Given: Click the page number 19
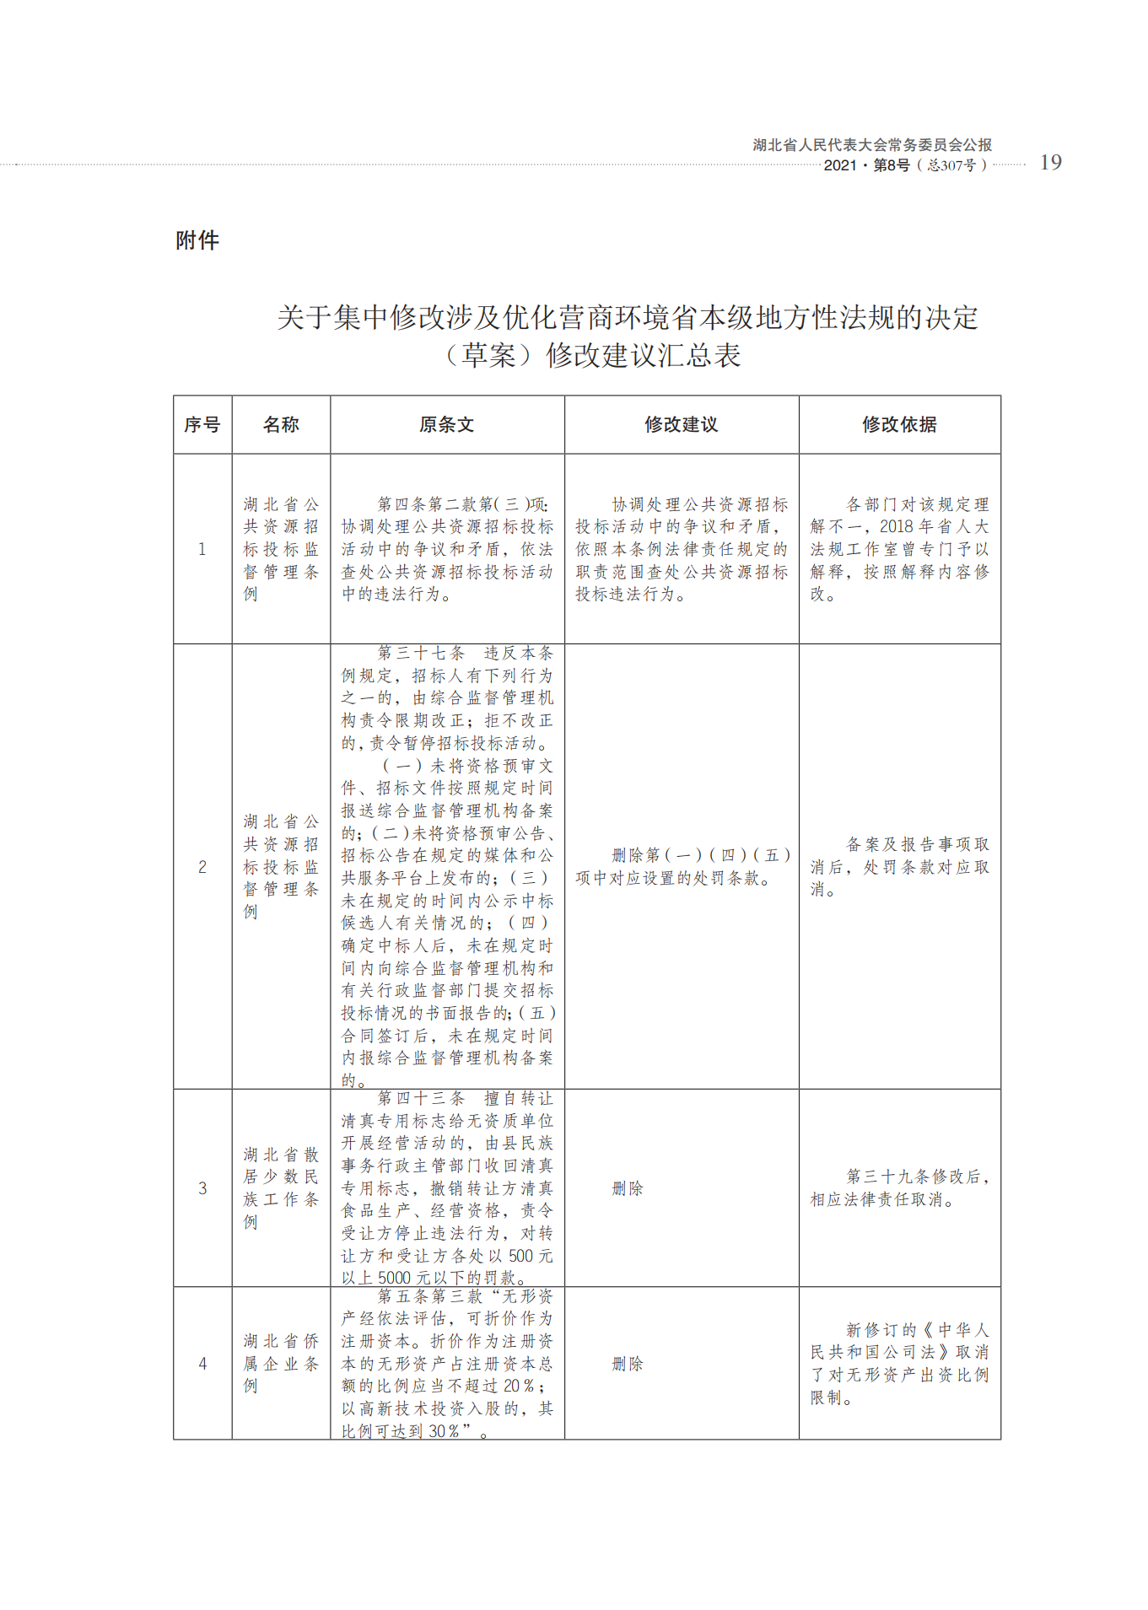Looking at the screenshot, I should (x=1050, y=163).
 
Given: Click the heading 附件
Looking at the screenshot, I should (x=197, y=240).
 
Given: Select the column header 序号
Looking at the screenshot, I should (x=202, y=425).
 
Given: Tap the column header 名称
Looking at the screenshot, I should (x=281, y=425).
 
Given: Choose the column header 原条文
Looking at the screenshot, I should (x=447, y=425).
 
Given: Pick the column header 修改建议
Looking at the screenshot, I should (x=681, y=425).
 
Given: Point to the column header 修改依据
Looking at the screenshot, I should (x=899, y=425).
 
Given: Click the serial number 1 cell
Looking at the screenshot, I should (x=202, y=549).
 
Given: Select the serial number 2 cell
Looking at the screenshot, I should (x=202, y=867).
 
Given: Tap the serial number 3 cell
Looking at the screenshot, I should (x=202, y=1188).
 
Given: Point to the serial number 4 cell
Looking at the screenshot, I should (x=202, y=1364).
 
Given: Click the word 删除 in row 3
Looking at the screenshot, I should (x=628, y=1188).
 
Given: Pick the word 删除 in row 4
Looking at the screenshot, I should (x=628, y=1364).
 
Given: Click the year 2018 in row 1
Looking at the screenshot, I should (x=897, y=527).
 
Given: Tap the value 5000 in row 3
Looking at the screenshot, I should (x=396, y=1279).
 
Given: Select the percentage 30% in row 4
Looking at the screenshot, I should (x=444, y=1431).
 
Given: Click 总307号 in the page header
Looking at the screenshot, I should (x=951, y=166).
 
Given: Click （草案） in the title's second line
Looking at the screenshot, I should (x=489, y=355).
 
